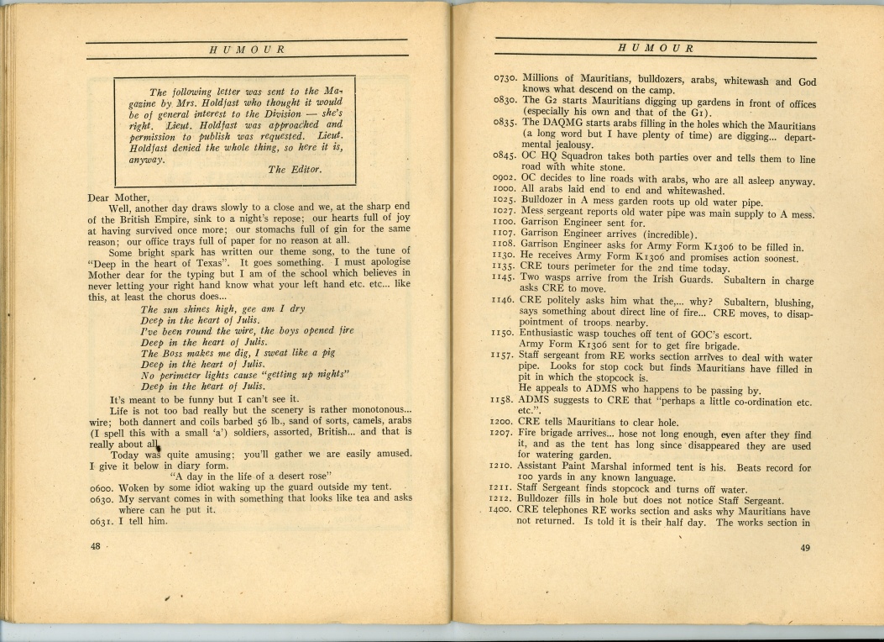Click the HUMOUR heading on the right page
tap(656, 48)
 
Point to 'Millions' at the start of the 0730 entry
tap(545, 81)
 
